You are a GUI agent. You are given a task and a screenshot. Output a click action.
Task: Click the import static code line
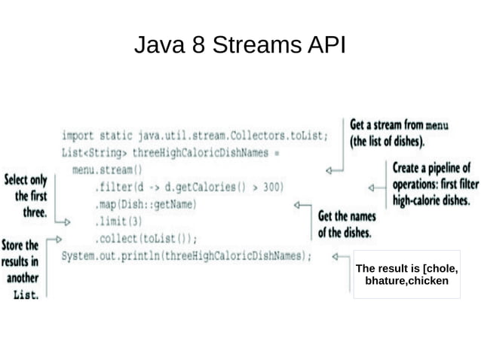[195, 136]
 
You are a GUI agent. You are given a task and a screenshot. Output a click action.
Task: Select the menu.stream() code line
[106, 169]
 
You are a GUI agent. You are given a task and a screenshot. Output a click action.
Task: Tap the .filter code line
[188, 187]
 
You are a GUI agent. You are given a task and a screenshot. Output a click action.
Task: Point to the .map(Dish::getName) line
[146, 204]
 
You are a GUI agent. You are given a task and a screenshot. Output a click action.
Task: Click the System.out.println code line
[186, 256]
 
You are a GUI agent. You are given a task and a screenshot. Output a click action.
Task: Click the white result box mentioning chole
[406, 275]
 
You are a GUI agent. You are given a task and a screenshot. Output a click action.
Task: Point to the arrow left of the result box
[340, 257]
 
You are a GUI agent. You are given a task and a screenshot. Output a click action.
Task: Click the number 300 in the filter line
[271, 187]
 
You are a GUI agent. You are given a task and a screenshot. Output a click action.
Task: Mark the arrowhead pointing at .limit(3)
[67, 222]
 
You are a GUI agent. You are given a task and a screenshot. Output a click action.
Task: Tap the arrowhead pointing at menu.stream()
[329, 170]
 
